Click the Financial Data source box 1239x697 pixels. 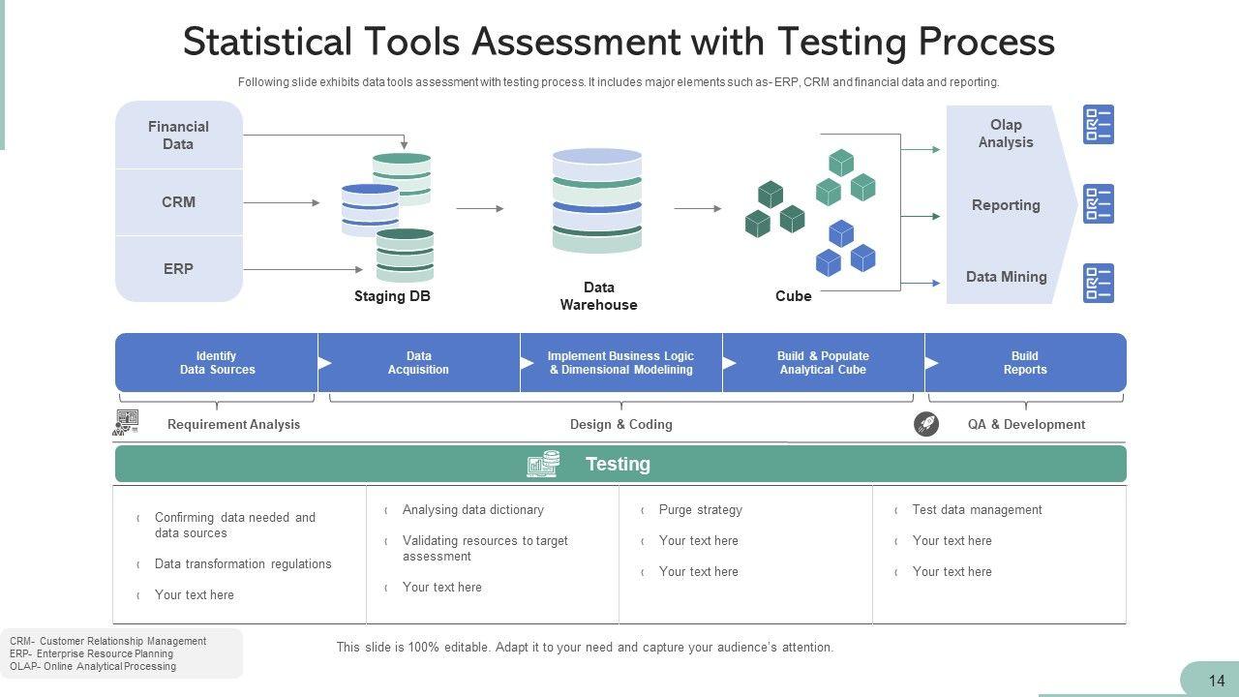(x=178, y=136)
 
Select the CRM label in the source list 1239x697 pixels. (x=178, y=202)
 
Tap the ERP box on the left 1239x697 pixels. (x=178, y=269)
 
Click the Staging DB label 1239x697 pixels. (x=392, y=296)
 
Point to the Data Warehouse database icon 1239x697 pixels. (x=597, y=200)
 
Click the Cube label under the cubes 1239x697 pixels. (x=793, y=296)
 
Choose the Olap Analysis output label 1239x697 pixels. (x=1006, y=134)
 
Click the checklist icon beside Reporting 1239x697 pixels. (x=1098, y=204)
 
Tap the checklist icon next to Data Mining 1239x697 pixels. (x=1098, y=283)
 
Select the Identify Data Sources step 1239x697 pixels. (x=217, y=363)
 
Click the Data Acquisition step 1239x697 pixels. (x=418, y=363)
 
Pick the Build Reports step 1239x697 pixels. (x=1025, y=363)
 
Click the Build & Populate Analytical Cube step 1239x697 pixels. (x=823, y=363)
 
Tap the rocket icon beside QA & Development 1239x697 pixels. (x=926, y=424)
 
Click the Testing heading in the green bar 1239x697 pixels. (x=618, y=465)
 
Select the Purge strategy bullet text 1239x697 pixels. (x=700, y=510)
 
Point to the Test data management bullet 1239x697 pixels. (x=977, y=510)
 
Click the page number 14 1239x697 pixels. (x=1217, y=682)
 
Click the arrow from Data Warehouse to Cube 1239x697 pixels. (x=697, y=208)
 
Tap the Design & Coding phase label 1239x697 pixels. (x=620, y=424)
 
